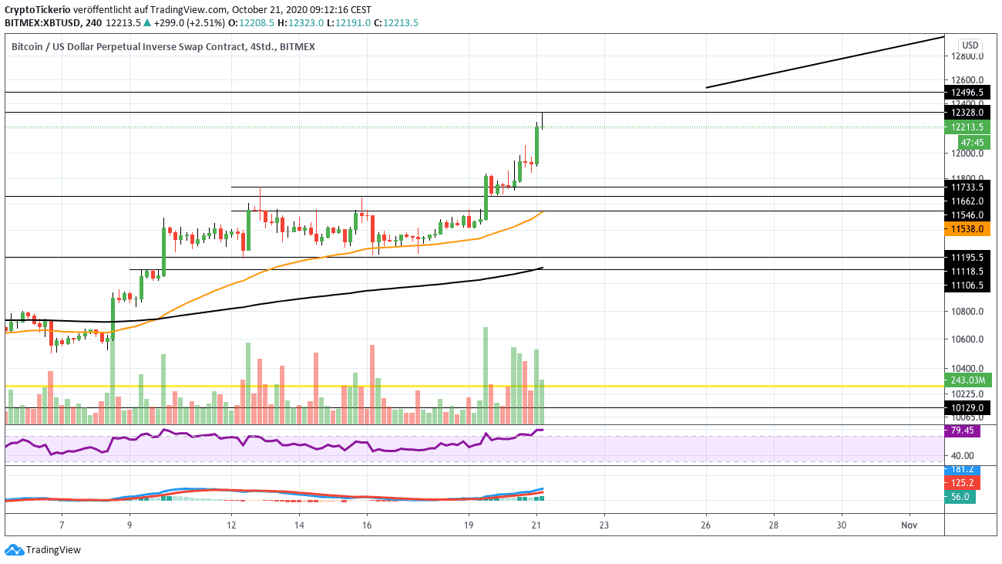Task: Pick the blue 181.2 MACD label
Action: pyautogui.click(x=960, y=469)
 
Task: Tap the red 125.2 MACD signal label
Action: pyautogui.click(x=960, y=483)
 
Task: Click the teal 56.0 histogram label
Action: pyautogui.click(x=960, y=498)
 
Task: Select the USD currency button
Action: pyautogui.click(x=970, y=45)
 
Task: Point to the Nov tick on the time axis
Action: pyautogui.click(x=910, y=525)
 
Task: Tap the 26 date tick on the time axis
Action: pyautogui.click(x=706, y=525)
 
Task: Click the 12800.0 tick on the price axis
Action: pyautogui.click(x=967, y=56)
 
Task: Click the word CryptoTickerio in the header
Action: pyautogui.click(x=38, y=9)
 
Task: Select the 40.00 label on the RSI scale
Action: pyautogui.click(x=963, y=455)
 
